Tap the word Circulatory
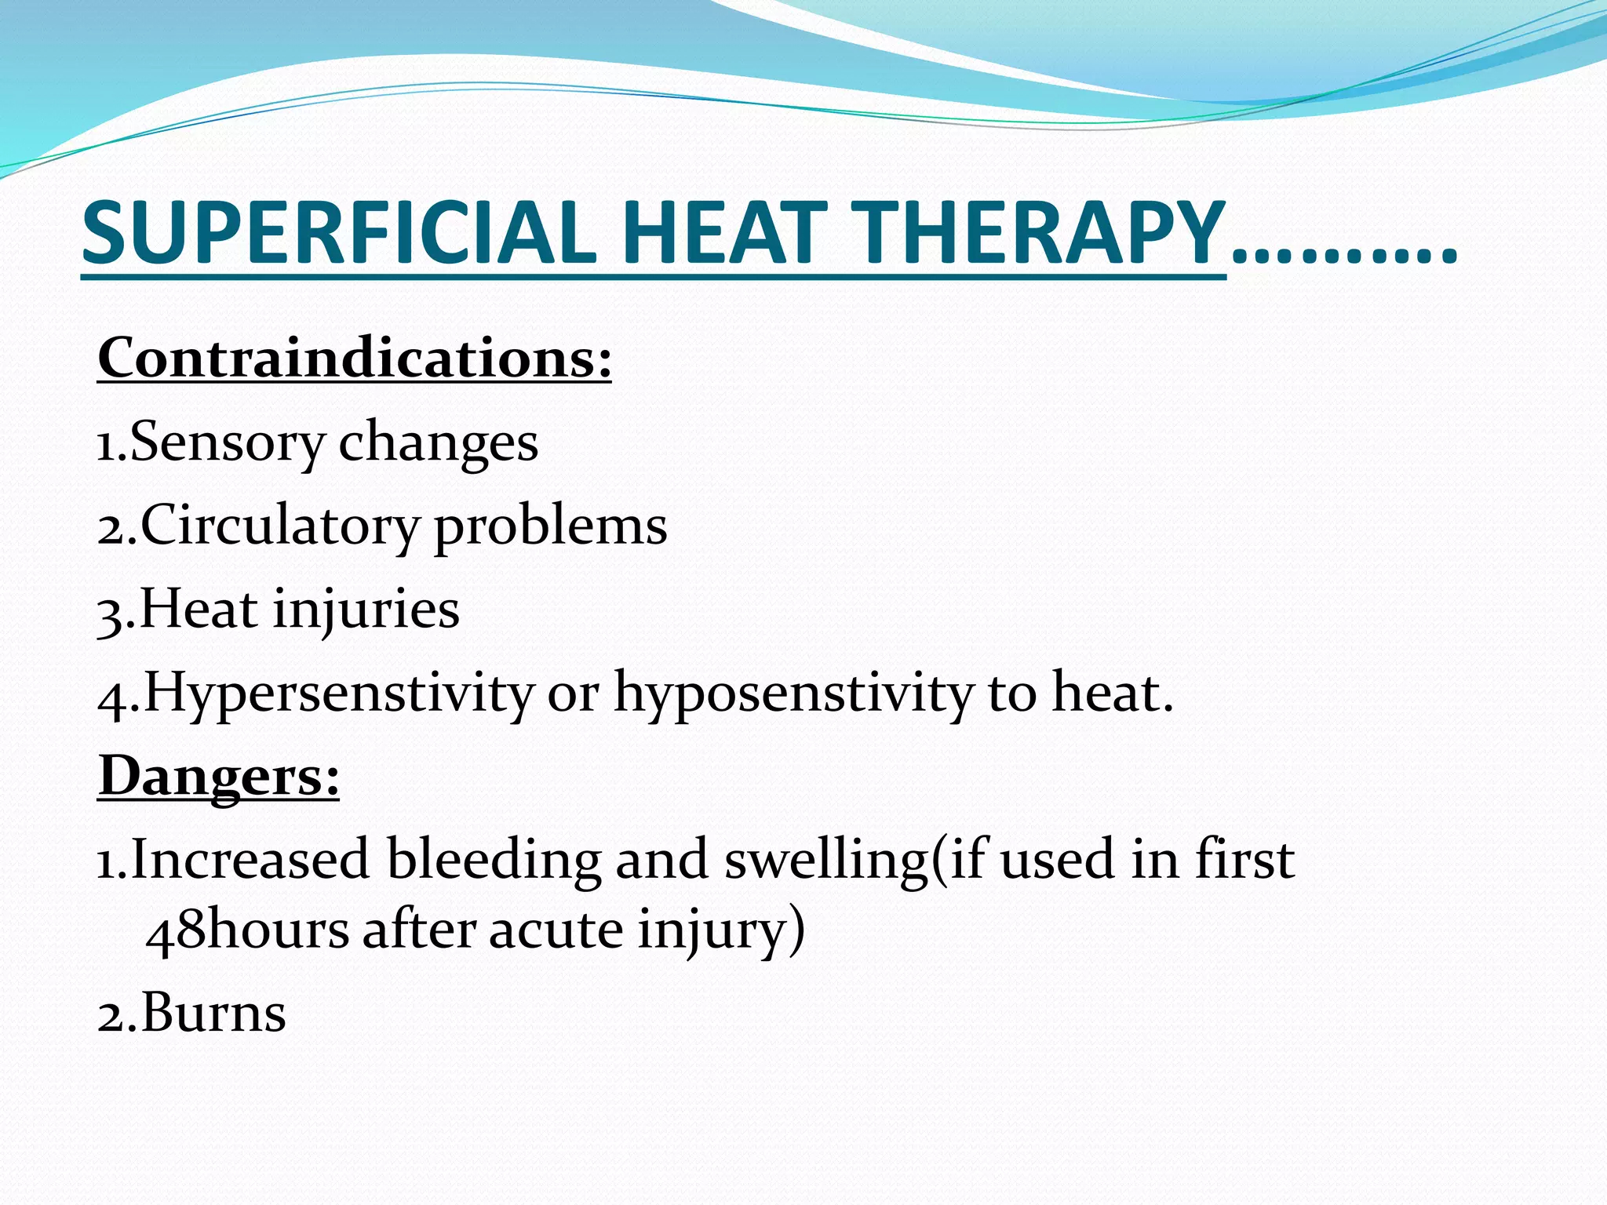coord(279,526)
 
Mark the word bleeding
coord(494,859)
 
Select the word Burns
coord(213,1013)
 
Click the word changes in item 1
coord(438,442)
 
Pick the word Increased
coord(250,859)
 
